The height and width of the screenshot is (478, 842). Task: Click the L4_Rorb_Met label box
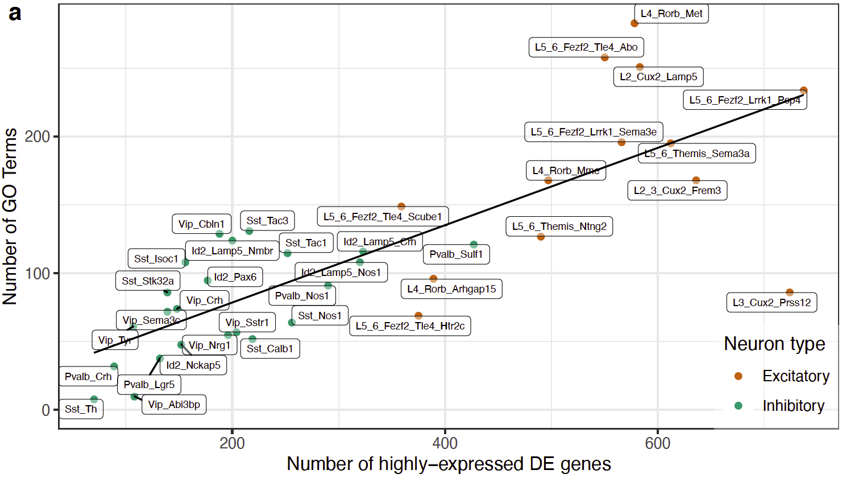[671, 14]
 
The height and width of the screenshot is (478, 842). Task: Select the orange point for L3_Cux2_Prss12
[789, 292]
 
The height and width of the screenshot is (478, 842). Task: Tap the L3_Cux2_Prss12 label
[771, 303]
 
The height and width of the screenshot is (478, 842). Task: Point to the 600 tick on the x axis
[658, 443]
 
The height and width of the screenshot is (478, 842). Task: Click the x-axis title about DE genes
[449, 464]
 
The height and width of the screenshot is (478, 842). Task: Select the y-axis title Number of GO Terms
[10, 216]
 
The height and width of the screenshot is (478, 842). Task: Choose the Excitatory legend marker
[738, 376]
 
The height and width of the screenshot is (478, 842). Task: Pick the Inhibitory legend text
[793, 406]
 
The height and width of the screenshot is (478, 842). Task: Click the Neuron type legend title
[774, 344]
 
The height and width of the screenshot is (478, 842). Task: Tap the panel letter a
[15, 13]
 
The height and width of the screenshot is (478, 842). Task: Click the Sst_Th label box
[81, 409]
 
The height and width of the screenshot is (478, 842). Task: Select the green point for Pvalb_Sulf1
[474, 245]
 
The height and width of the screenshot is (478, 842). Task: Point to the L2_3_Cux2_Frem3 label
[677, 191]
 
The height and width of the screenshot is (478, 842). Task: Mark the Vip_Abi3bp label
[174, 405]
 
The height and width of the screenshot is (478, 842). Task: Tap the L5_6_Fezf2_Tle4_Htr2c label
[409, 326]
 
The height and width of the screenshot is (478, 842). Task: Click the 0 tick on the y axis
[46, 410]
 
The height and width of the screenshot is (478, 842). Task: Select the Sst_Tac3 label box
[267, 221]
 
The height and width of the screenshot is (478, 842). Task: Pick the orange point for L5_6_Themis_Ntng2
[541, 237]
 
